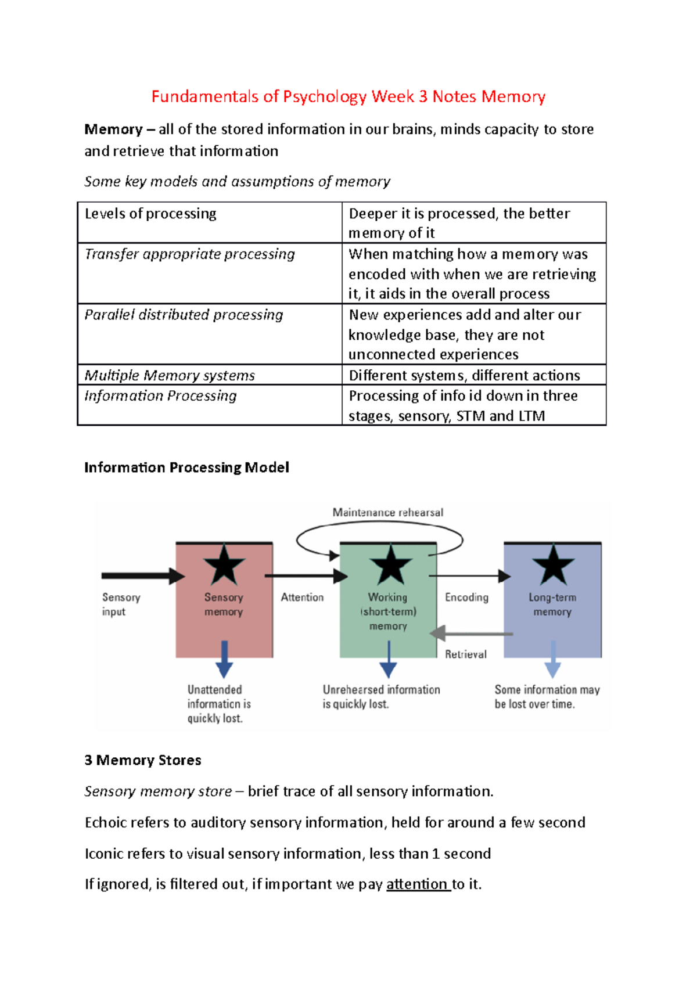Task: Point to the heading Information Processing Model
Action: [186, 467]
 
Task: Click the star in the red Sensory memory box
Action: [224, 565]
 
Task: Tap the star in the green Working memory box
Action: [390, 565]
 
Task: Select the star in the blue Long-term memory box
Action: [553, 565]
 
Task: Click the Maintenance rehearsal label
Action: [387, 513]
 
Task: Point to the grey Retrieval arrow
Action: [470, 634]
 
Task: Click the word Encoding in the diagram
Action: [466, 598]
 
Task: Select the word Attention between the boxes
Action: [302, 598]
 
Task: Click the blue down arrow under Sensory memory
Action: [224, 660]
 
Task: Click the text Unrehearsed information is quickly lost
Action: [381, 697]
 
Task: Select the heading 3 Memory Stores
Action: [143, 760]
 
